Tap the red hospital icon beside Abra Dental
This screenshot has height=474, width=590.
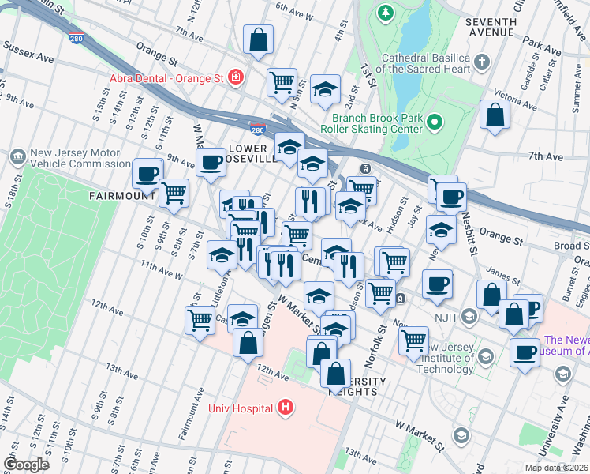235,77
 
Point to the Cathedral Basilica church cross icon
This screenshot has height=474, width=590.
482,60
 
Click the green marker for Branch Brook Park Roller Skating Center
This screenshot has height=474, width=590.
435,122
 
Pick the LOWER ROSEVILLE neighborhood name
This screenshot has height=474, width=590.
252,153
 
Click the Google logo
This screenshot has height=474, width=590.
27,465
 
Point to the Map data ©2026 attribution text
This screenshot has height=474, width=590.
556,468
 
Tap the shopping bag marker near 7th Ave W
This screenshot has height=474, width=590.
258,39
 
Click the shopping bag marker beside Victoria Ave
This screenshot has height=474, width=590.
495,115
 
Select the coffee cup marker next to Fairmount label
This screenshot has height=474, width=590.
146,173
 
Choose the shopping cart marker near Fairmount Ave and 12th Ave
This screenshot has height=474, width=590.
200,320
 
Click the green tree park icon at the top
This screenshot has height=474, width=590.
385,13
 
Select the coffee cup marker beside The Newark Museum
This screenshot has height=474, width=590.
524,352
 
